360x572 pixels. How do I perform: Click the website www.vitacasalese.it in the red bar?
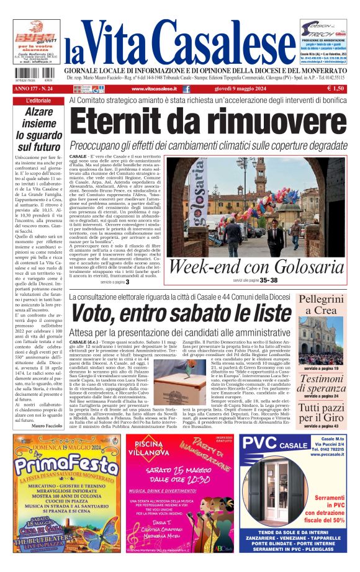click(x=151, y=89)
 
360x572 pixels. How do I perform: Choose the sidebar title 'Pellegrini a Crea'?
click(x=322, y=305)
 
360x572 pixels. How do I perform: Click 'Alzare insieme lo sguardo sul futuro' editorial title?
click(x=39, y=129)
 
